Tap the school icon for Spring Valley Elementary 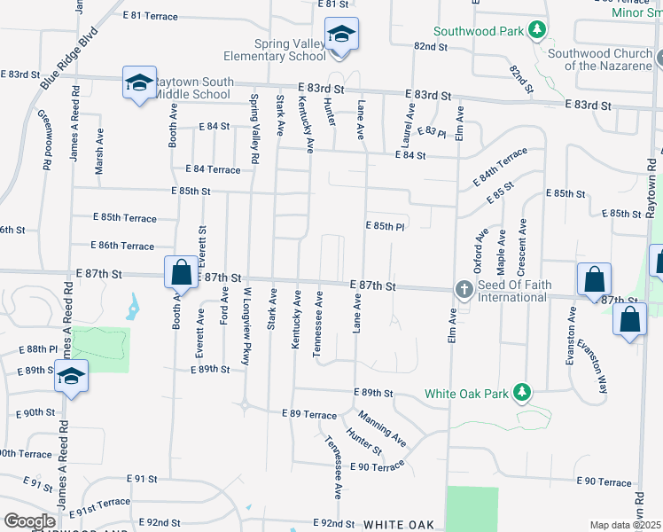[341, 35]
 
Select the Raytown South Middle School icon [138, 83]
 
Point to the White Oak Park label [467, 393]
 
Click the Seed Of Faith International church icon [463, 290]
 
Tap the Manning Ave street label [383, 427]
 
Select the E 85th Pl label [386, 226]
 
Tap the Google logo [29, 521]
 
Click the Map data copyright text [626, 525]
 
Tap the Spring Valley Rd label [255, 128]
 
